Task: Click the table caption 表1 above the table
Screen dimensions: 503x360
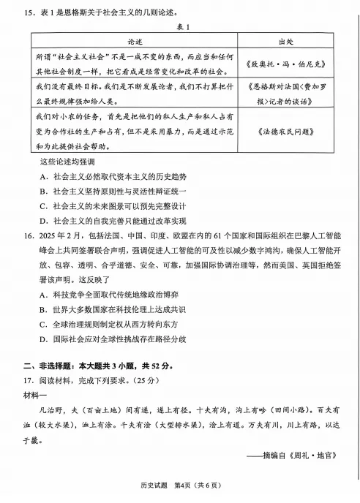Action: tap(179, 27)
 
